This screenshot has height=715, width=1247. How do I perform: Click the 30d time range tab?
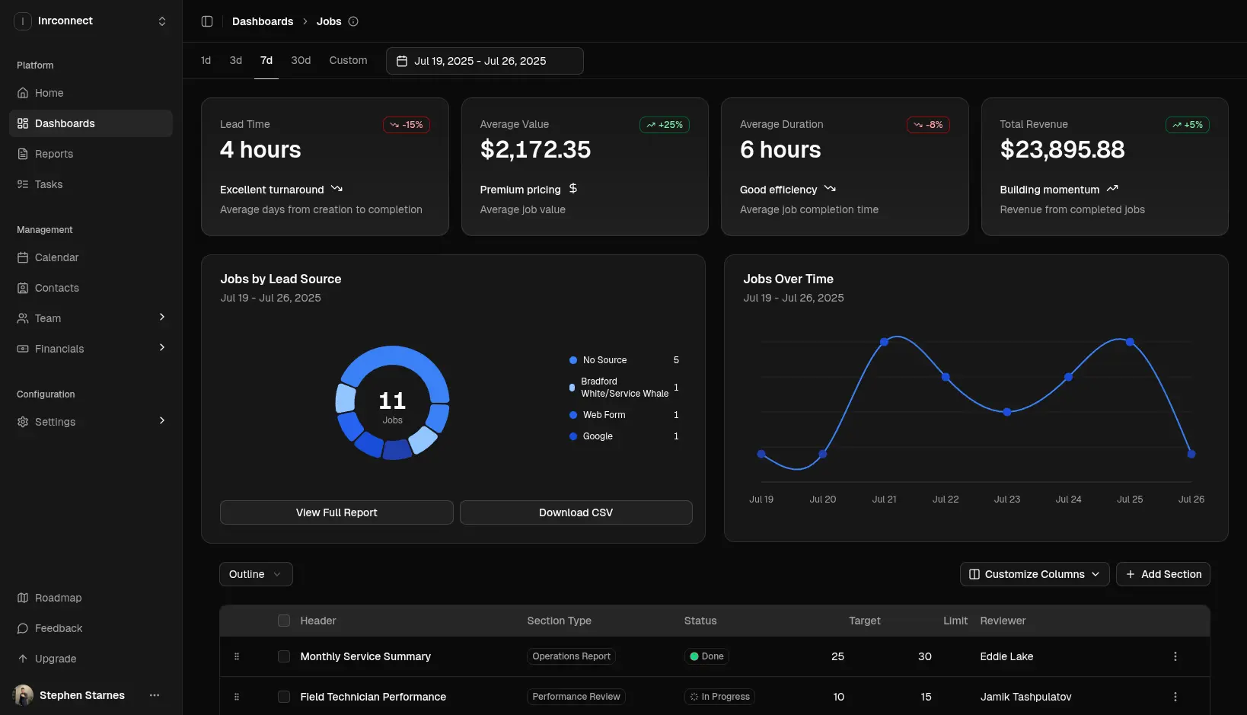click(301, 60)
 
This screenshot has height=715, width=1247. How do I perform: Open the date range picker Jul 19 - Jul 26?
click(484, 61)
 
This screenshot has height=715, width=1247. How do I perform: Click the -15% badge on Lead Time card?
click(407, 125)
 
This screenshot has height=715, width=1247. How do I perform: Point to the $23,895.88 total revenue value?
click(1062, 150)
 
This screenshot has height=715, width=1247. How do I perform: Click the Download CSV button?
click(576, 512)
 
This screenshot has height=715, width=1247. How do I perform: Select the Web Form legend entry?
click(604, 415)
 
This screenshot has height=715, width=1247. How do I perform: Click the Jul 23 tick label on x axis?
click(1006, 500)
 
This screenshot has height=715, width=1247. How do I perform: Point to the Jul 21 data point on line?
click(884, 342)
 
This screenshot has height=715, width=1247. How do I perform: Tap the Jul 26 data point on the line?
click(1191, 454)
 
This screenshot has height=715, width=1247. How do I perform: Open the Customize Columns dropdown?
click(1034, 574)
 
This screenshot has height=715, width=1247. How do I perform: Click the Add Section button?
click(1162, 574)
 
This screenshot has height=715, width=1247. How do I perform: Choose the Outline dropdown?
click(255, 574)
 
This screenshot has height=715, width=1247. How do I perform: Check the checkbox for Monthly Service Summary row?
click(284, 656)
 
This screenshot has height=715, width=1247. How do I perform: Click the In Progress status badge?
click(719, 697)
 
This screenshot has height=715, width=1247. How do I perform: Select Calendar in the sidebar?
click(56, 257)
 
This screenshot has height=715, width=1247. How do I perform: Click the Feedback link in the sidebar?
click(59, 628)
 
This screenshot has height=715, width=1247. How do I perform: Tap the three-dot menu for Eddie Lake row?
click(1175, 656)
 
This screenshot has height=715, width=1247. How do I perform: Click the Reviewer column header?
click(1003, 621)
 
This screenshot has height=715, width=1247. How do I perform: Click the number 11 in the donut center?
click(392, 401)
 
